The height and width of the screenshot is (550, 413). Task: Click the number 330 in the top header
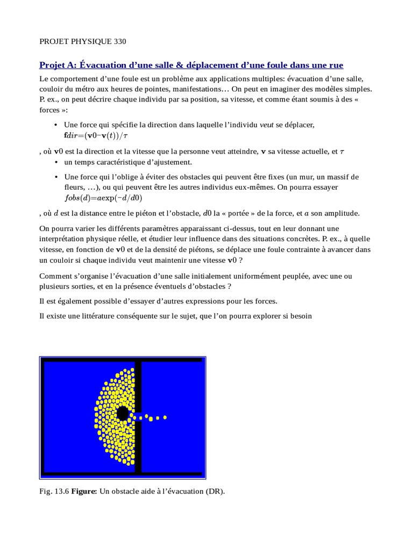119,41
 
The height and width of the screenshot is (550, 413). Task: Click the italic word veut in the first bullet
267,125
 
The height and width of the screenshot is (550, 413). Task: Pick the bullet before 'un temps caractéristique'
56,162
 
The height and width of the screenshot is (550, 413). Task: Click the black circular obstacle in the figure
123,413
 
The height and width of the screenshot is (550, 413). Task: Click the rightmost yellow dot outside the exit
165,417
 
